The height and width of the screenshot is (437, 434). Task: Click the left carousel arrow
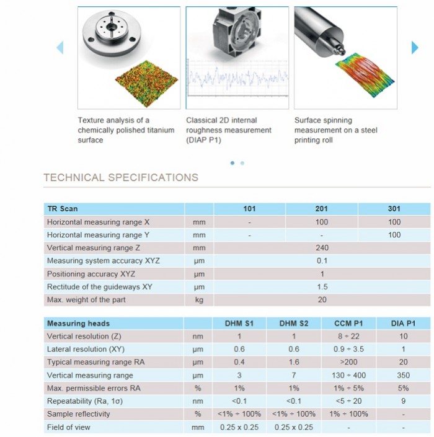pyautogui.click(x=60, y=47)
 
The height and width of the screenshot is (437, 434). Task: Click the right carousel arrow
pyautogui.click(x=415, y=47)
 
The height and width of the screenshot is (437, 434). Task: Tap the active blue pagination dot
pyautogui.click(x=232, y=163)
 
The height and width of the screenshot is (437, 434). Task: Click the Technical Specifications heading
pyautogui.click(x=121, y=177)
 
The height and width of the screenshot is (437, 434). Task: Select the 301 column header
pyautogui.click(x=394, y=209)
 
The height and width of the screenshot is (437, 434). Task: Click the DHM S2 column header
pyautogui.click(x=294, y=324)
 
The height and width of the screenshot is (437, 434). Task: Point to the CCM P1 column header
pyautogui.click(x=348, y=324)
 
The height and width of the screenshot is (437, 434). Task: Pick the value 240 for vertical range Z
pyautogui.click(x=321, y=248)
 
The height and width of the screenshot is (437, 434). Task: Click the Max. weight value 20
pyautogui.click(x=321, y=300)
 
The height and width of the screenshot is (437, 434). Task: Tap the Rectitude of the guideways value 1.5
pyautogui.click(x=321, y=287)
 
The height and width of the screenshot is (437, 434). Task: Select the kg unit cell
pyautogui.click(x=198, y=300)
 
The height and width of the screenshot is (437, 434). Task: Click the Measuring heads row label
pyautogui.click(x=79, y=324)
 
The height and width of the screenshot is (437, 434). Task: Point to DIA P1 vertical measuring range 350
pyautogui.click(x=402, y=376)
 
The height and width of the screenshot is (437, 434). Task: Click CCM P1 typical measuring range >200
pyautogui.click(x=348, y=362)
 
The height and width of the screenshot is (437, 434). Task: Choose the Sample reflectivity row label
pyautogui.click(x=79, y=414)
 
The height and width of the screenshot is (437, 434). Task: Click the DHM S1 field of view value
pyautogui.click(x=239, y=427)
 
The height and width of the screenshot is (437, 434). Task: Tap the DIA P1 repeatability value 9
pyautogui.click(x=402, y=401)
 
